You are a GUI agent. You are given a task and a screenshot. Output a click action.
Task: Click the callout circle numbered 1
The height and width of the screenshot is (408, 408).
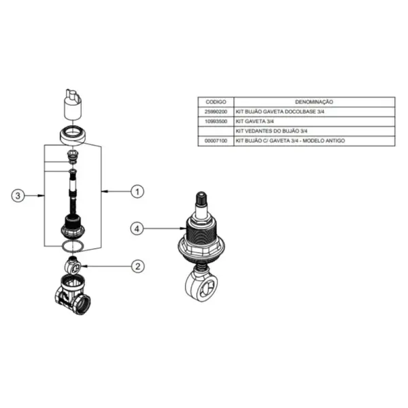[x=137, y=192]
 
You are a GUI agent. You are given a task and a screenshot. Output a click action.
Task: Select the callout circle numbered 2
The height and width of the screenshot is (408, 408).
[x=137, y=266]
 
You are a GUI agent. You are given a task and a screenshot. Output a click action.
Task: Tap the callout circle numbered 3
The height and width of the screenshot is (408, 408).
[x=18, y=195]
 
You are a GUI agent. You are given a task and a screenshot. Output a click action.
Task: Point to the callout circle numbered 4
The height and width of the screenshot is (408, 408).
[x=137, y=228]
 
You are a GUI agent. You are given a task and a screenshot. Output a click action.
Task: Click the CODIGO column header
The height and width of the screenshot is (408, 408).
[x=216, y=102]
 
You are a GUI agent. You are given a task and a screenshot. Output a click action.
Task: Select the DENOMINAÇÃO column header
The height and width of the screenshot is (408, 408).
[x=314, y=102]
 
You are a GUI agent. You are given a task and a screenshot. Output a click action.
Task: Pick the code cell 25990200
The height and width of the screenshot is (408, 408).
[x=216, y=112]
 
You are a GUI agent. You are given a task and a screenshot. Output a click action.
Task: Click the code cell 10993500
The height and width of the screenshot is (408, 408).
[x=216, y=122]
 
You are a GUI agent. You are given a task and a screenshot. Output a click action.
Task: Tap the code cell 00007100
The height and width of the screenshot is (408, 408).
[x=216, y=141]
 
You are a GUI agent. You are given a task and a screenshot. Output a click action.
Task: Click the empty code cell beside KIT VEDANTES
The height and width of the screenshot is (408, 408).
[x=216, y=131]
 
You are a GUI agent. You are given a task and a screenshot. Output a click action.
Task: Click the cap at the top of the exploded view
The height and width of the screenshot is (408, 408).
[x=73, y=104]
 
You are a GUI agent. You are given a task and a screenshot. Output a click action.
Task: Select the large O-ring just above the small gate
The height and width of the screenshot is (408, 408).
[x=73, y=246]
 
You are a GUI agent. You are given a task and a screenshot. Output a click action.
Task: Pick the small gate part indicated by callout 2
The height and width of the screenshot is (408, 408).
[x=73, y=265]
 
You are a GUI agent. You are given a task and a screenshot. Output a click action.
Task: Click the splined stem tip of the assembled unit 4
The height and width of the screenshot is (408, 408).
[x=201, y=199]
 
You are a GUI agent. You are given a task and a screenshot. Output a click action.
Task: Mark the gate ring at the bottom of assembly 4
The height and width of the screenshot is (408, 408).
[x=202, y=286]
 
